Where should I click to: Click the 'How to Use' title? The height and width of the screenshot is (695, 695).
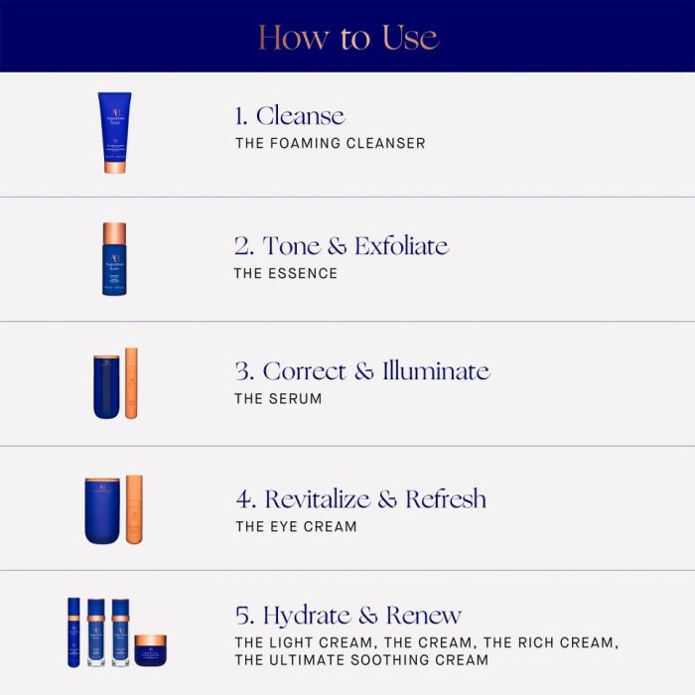click(x=348, y=38)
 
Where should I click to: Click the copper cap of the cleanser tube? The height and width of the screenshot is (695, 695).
click(x=114, y=168)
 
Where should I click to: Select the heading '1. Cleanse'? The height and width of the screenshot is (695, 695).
click(x=290, y=116)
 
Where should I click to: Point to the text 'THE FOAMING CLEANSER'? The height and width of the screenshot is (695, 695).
click(x=331, y=143)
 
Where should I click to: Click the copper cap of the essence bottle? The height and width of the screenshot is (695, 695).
click(x=114, y=233)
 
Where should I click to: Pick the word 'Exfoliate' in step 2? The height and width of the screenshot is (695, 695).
click(x=401, y=245)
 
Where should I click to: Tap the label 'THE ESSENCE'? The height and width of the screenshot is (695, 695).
click(x=286, y=273)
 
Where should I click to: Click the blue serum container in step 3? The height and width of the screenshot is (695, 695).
click(x=106, y=387)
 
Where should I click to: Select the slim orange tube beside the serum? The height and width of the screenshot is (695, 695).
click(x=131, y=383)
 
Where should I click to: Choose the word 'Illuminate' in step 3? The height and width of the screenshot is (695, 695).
click(x=436, y=371)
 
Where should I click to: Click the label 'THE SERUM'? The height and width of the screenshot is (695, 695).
click(x=278, y=399)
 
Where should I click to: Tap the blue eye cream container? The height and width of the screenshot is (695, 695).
click(x=102, y=510)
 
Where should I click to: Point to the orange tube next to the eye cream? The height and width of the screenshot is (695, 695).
click(x=134, y=509)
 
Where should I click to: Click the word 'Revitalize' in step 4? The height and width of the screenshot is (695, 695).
click(x=318, y=499)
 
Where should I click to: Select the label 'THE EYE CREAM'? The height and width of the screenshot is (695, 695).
click(x=296, y=526)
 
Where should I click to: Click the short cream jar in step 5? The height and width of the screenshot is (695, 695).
click(x=151, y=650)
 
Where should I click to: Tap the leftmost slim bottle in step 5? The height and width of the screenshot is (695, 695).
click(x=74, y=632)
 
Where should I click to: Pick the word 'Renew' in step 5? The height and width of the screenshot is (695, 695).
click(x=424, y=616)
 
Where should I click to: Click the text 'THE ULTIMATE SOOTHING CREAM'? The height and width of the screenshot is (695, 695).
click(x=361, y=660)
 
